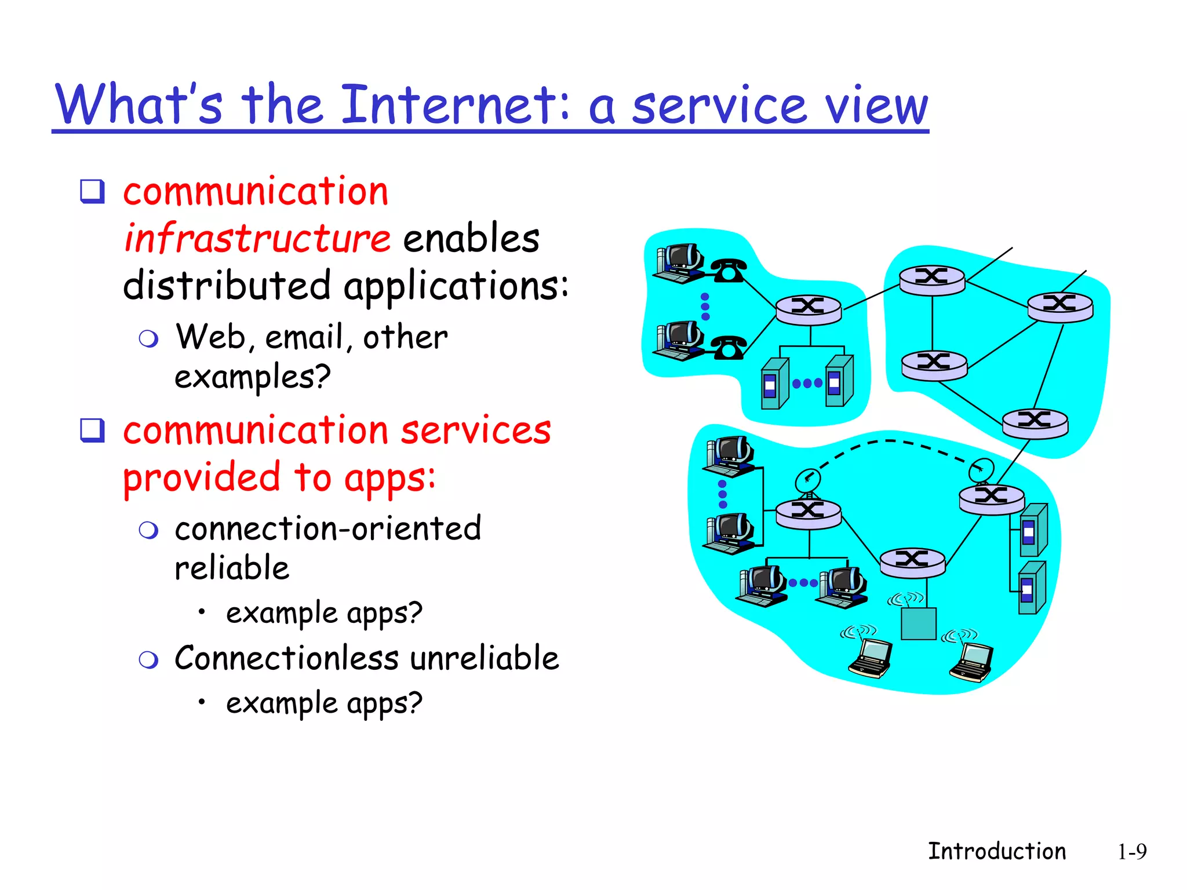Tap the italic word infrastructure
click(257, 238)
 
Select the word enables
click(471, 238)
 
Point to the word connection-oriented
click(328, 528)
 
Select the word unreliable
click(485, 658)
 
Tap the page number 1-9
click(1131, 852)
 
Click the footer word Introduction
click(997, 851)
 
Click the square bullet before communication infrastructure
click(92, 191)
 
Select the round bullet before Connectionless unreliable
click(149, 659)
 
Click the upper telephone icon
click(729, 271)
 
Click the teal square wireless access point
click(919, 623)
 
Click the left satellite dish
click(807, 480)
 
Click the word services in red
click(476, 431)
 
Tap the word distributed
click(227, 286)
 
